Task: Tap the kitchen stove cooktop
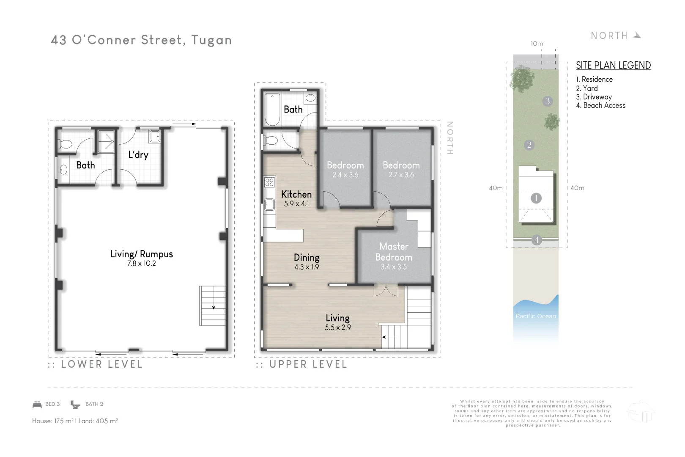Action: pos(269,182)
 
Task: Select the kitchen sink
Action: pos(269,205)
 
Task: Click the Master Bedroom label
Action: pos(394,252)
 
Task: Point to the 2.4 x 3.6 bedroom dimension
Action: pos(345,175)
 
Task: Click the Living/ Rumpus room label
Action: pos(141,254)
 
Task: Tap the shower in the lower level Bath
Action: pos(106,141)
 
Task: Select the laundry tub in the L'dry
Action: pos(155,136)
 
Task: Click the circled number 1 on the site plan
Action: pos(536,198)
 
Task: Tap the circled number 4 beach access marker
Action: pos(536,240)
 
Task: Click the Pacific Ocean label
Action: pos(535,316)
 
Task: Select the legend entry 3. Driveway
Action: pos(594,97)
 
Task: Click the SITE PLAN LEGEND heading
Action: pos(613,65)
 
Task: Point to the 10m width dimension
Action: pos(537,44)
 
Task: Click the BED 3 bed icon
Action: pos(37,404)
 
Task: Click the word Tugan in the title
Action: pos(211,40)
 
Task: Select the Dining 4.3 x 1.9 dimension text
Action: pos(307,267)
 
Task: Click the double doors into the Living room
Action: pos(386,290)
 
